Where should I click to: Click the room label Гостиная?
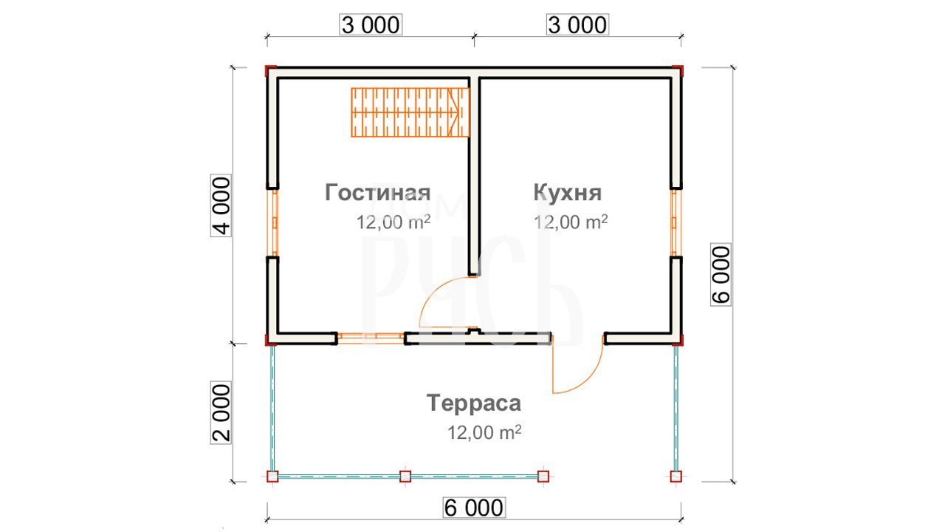coord(377,193)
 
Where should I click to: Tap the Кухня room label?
coord(568,193)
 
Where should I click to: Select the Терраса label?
coord(474,403)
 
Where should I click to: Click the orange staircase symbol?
coord(410,112)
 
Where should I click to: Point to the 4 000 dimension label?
coord(221,205)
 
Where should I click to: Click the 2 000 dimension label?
coord(221,412)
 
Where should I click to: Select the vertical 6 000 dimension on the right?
coord(721,274)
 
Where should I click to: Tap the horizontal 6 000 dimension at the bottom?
coord(474,508)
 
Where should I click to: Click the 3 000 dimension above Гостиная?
coord(371,25)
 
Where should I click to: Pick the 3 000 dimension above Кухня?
coord(577,25)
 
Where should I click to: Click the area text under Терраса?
coord(484,432)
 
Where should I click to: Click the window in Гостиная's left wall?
coord(275,222)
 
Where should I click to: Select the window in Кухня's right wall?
coord(674,222)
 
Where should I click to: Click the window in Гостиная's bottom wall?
coord(371,338)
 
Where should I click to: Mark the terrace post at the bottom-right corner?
coord(676,477)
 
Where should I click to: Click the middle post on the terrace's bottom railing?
coord(405,477)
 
